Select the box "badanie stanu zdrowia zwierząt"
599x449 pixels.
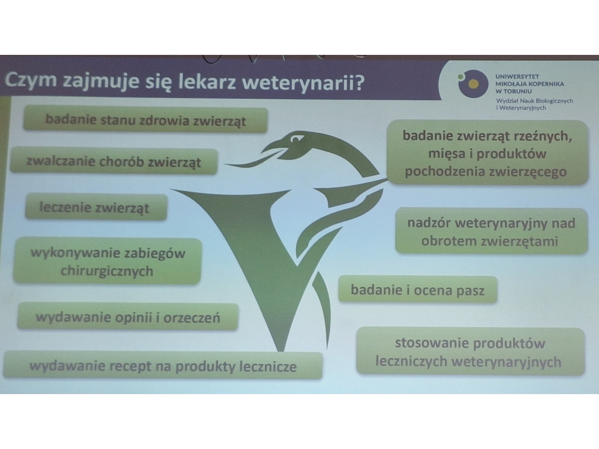tap(145, 120)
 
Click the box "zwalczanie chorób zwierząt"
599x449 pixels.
tap(114, 161)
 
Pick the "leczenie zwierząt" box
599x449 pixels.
tap(96, 207)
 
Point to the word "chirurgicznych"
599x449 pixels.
tap(107, 271)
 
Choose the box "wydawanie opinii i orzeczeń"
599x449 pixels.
tap(128, 316)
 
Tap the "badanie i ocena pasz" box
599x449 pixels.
tap(417, 289)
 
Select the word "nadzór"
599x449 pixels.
tap(429, 223)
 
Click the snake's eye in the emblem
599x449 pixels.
tap(296, 139)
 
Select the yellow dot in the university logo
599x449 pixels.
tap(474, 84)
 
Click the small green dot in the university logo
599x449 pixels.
tap(461, 77)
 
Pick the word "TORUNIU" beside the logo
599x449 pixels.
tap(518, 91)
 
